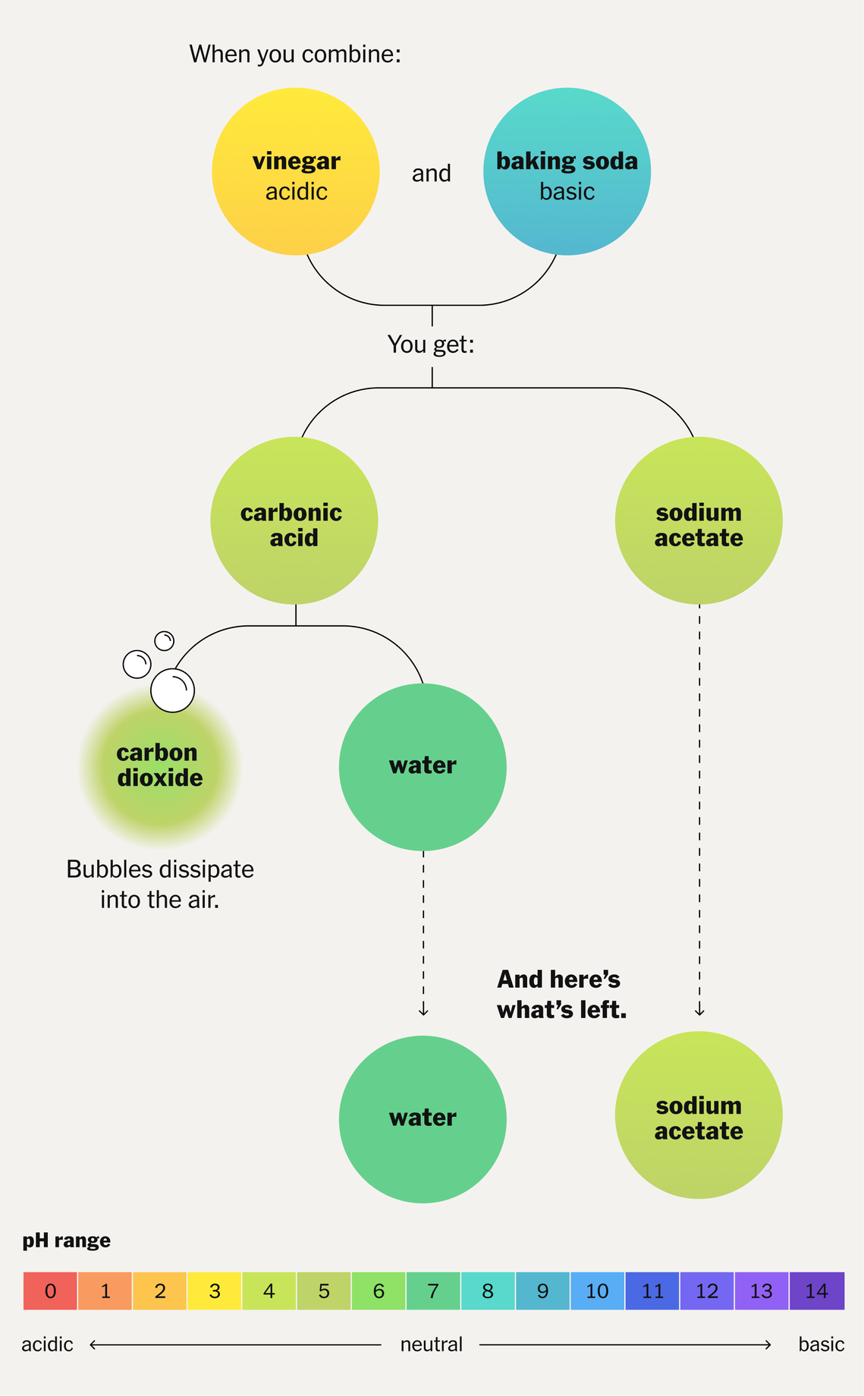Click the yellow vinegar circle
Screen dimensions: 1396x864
click(x=295, y=171)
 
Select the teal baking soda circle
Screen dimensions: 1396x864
click(x=567, y=171)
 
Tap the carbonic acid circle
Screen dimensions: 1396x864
click(x=294, y=520)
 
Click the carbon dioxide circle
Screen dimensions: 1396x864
click(x=160, y=766)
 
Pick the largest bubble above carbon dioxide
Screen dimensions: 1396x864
click(x=173, y=690)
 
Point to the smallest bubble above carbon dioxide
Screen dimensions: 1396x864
click(x=165, y=641)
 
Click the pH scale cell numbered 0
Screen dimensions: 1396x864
click(x=50, y=1291)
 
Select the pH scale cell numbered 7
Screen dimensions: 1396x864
click(x=433, y=1291)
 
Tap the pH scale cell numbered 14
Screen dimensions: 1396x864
click(x=816, y=1291)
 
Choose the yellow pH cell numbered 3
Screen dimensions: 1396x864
click(x=215, y=1291)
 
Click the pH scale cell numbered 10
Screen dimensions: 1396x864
click(x=597, y=1291)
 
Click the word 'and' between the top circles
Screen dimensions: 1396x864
click(x=432, y=174)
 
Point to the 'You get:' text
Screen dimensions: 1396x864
click(x=431, y=344)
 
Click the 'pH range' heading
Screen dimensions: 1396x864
click(x=66, y=1240)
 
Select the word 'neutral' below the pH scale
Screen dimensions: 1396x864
click(x=431, y=1345)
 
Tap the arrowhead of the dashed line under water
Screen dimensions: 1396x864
click(x=423, y=1011)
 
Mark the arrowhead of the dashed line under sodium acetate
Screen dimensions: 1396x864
click(x=699, y=1011)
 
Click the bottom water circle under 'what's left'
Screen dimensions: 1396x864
click(x=423, y=1119)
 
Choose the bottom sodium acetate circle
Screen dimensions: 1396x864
click(x=699, y=1115)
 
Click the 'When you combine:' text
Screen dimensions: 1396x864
click(x=295, y=55)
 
